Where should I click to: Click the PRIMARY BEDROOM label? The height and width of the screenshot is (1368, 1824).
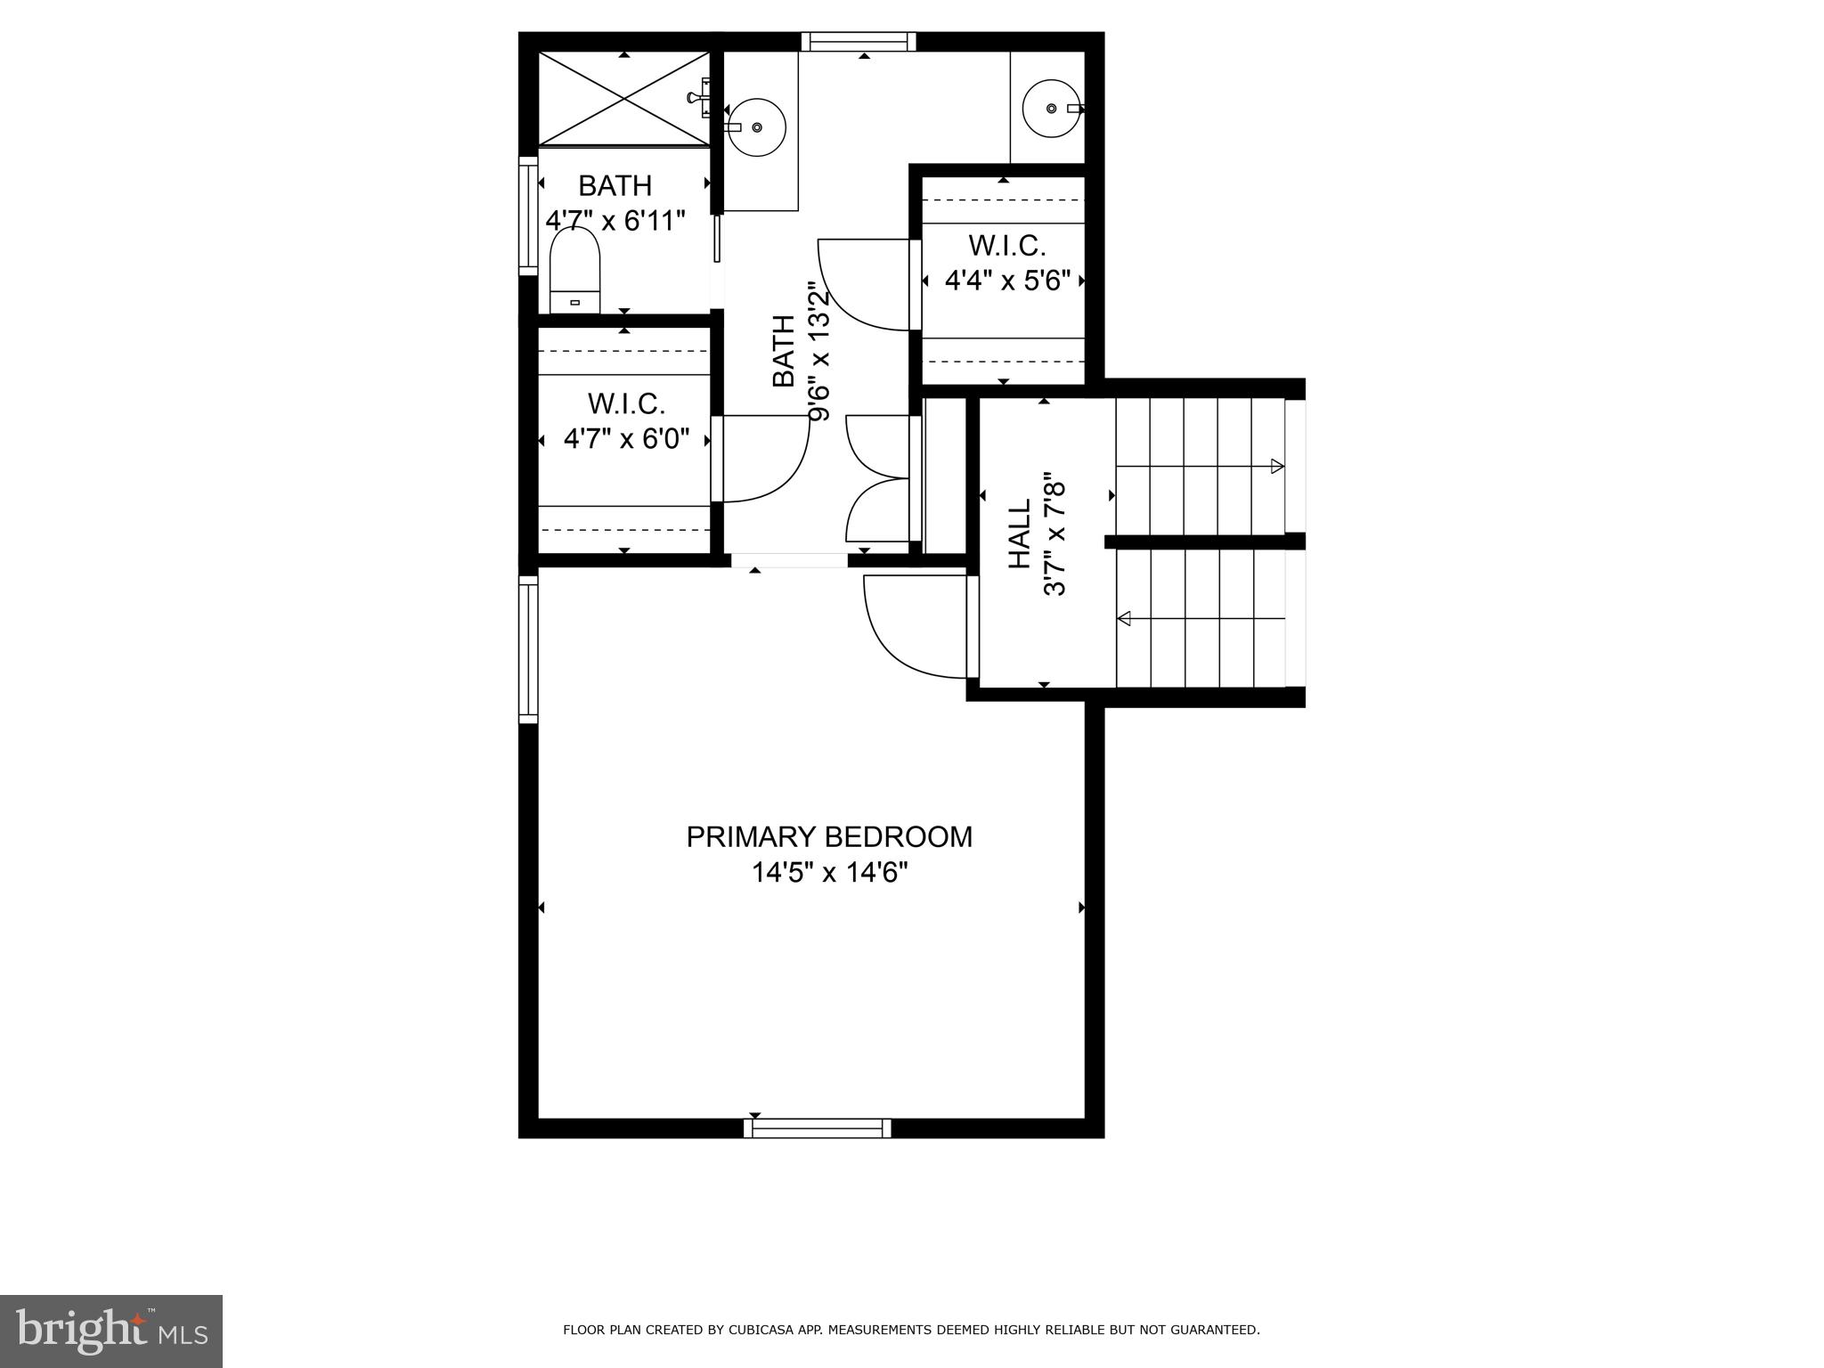point(829,837)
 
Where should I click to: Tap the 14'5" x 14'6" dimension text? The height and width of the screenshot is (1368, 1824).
point(829,873)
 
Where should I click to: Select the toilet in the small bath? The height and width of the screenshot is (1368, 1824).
point(574,270)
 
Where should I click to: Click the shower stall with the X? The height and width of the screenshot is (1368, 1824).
point(624,98)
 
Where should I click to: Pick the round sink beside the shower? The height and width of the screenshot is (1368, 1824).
point(756,127)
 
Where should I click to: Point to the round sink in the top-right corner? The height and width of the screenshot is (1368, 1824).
point(1051,108)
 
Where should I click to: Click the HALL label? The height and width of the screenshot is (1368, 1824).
point(1019,533)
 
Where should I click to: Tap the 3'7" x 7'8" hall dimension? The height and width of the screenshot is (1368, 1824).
point(1054,534)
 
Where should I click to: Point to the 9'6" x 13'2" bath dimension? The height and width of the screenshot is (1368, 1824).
point(818,351)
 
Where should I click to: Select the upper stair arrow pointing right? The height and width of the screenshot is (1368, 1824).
point(1275,466)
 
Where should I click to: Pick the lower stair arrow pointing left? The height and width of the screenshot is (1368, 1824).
point(1126,618)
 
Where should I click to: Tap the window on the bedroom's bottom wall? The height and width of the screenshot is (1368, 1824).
point(818,1128)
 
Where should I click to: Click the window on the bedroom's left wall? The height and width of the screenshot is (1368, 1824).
point(528,648)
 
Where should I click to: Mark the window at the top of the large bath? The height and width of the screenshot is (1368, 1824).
point(858,42)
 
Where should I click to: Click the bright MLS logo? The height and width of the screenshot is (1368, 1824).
point(110,1331)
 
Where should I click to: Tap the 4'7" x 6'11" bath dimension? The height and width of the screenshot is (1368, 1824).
point(615,221)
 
